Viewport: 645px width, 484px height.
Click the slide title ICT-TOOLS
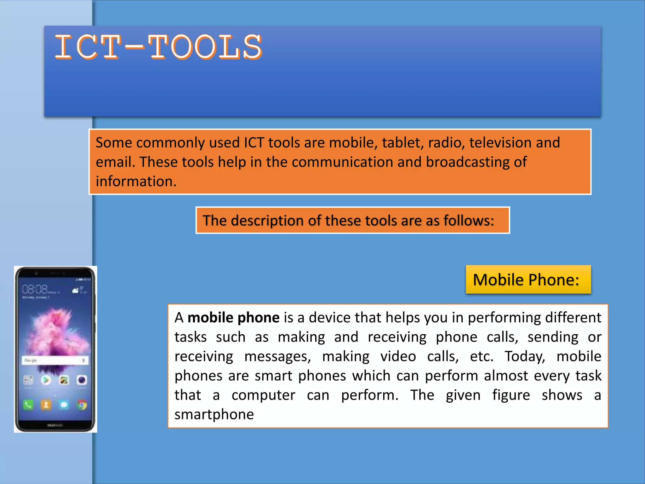pos(158,47)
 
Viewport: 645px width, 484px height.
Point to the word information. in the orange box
pos(136,181)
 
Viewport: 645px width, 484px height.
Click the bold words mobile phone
pos(233,318)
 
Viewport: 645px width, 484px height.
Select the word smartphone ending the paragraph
pos(214,414)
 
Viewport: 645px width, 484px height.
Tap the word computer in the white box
pos(263,395)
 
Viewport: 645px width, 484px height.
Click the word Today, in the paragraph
pos(525,356)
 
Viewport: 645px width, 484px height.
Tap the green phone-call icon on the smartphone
pos(28,404)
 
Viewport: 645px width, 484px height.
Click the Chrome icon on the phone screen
pos(82,405)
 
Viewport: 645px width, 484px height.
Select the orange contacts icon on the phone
pos(46,404)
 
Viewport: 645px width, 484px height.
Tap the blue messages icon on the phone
pos(64,404)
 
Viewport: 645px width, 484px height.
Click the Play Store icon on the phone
pos(46,380)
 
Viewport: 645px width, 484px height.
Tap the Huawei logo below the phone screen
pos(55,425)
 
